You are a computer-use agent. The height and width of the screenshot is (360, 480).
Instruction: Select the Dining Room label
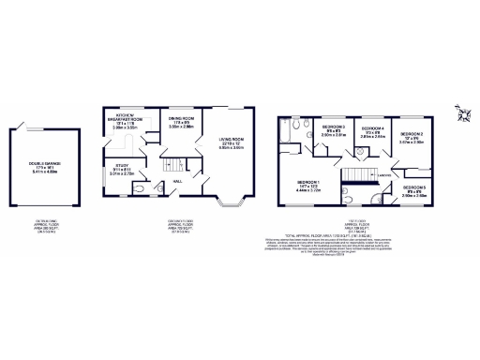coord(181,122)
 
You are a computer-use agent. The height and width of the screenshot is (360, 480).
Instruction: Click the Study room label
coord(124,170)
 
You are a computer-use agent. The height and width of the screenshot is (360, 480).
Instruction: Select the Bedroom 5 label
coord(416,192)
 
